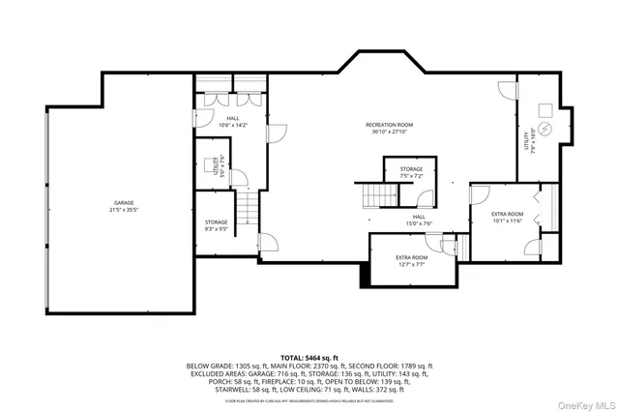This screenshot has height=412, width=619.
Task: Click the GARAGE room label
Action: point(122,202)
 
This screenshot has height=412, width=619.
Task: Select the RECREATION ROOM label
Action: point(389,125)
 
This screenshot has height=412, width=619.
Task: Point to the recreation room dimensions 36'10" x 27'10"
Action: point(389,132)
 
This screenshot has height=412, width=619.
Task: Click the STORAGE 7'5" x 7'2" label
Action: point(411,172)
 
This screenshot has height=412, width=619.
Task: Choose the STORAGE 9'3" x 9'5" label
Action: point(216,225)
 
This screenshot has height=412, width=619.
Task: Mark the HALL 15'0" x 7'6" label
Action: point(418,220)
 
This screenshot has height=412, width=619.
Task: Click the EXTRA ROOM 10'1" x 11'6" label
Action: point(506,217)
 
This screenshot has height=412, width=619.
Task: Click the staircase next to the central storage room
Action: point(373,196)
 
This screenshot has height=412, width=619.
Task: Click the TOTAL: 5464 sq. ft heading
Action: point(309,356)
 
